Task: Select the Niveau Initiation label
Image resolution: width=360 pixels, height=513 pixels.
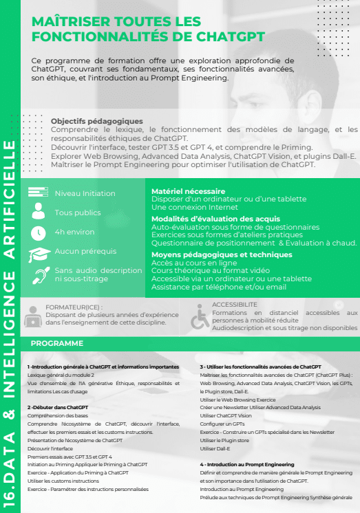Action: pyautogui.click(x=85, y=193)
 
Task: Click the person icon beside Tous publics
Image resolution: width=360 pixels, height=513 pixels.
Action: pyautogui.click(x=38, y=213)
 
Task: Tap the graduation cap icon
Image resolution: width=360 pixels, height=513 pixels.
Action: pyautogui.click(x=38, y=254)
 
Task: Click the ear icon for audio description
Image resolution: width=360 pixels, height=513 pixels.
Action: pyautogui.click(x=38, y=276)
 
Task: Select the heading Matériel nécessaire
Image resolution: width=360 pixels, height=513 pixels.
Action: pyautogui.click(x=188, y=191)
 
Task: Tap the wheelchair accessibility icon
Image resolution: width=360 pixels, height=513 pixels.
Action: pyautogui.click(x=200, y=317)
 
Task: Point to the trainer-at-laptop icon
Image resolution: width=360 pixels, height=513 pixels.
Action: pyautogui.click(x=32, y=316)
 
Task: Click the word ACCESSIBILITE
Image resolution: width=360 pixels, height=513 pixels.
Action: pyautogui.click(x=235, y=304)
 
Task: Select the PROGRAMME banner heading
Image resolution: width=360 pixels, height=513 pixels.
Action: pyautogui.click(x=58, y=343)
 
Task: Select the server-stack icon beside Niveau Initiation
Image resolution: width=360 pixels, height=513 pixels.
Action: pyautogui.click(x=38, y=193)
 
